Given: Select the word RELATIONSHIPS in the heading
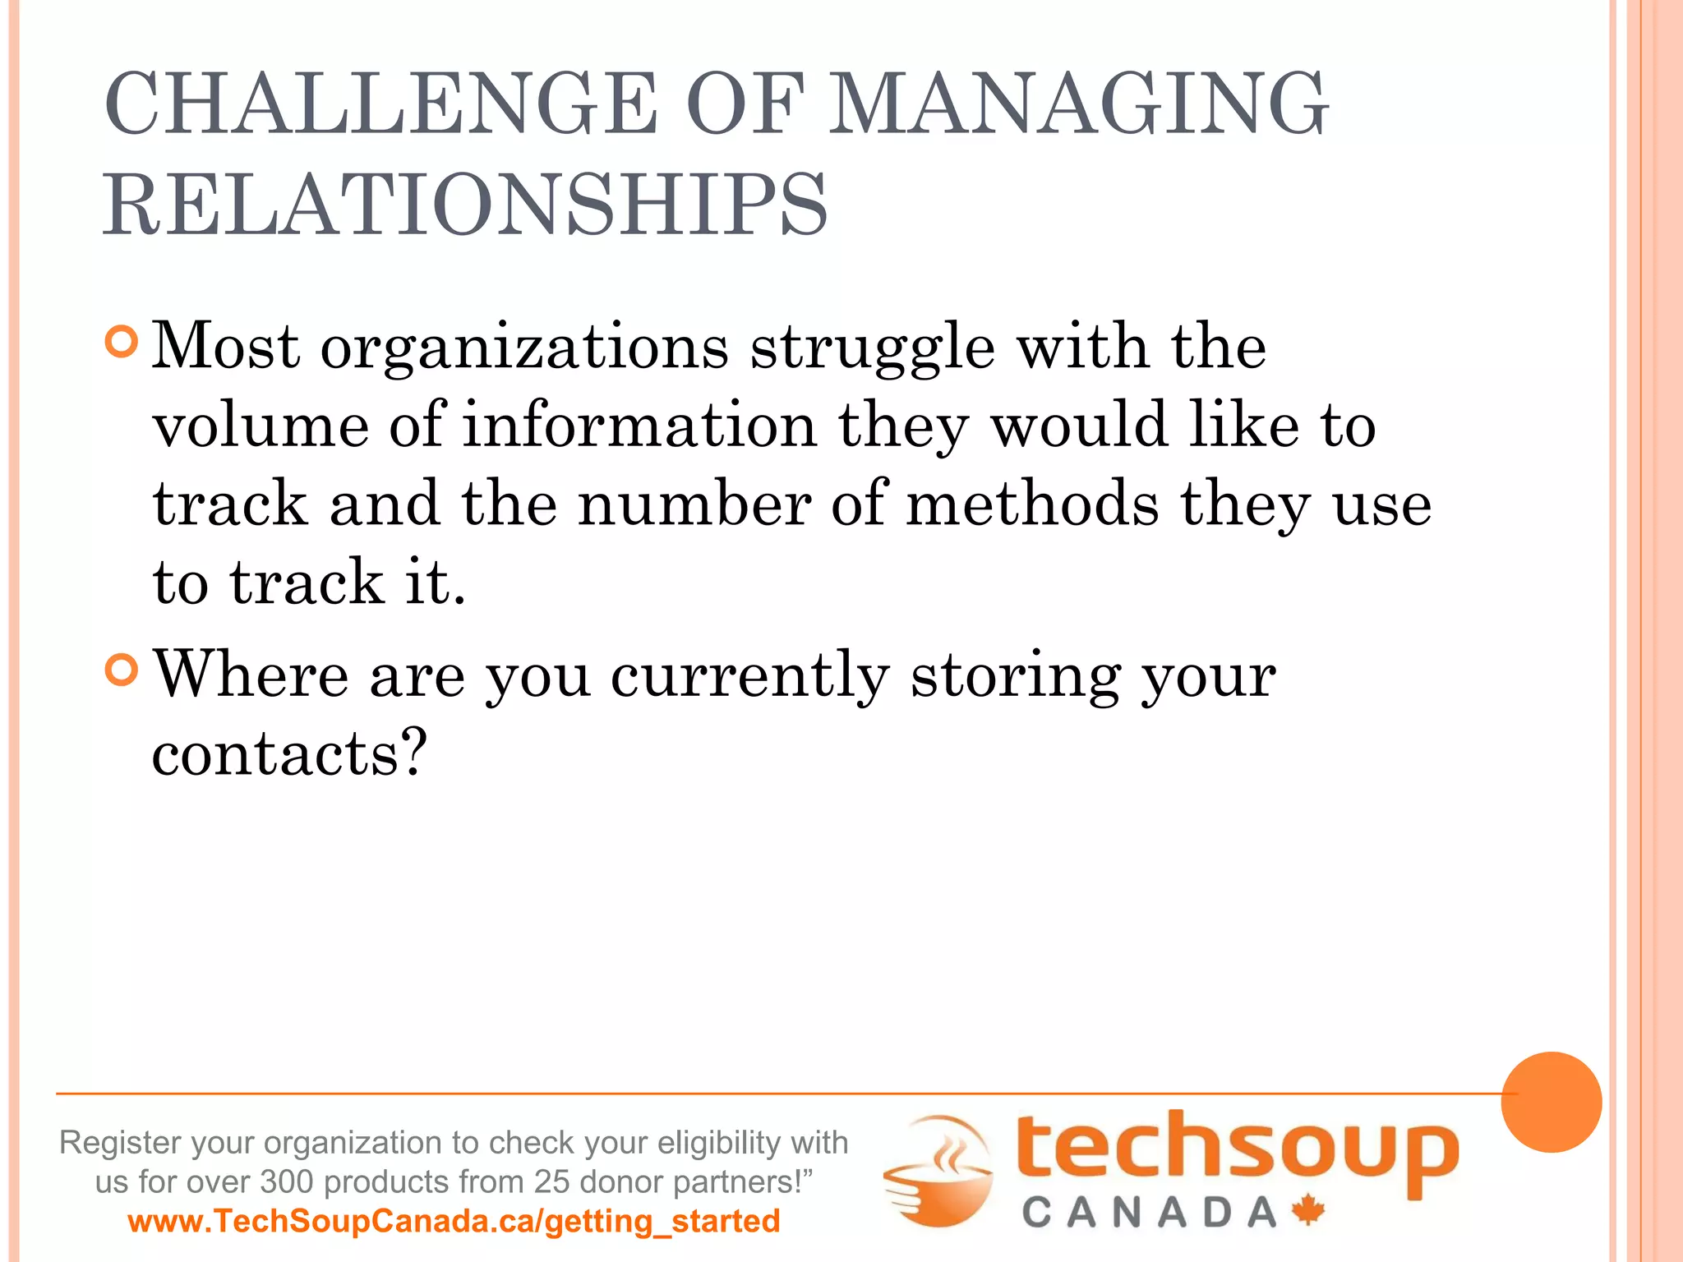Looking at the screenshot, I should [x=465, y=205].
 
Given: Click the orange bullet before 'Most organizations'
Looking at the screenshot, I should [x=122, y=342].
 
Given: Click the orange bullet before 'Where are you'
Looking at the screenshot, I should [x=122, y=670].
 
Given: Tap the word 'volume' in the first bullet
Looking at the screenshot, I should [x=261, y=426].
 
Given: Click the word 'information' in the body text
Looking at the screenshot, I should [x=640, y=426].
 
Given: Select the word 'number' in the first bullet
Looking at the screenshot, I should [x=695, y=504].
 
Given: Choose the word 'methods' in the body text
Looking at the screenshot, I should [x=1032, y=504].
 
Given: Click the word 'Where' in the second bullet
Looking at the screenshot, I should [x=251, y=675].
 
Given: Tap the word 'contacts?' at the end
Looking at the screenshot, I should [x=289, y=753].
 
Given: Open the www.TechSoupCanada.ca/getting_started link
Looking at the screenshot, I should [x=454, y=1221].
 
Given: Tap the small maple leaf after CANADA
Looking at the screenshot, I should [x=1308, y=1210].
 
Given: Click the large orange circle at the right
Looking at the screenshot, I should [x=1551, y=1102].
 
